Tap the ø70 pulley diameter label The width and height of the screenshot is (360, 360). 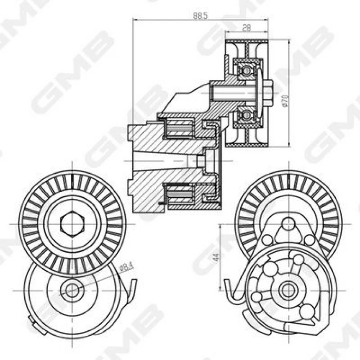coord(285,100)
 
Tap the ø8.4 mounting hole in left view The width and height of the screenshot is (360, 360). coord(72,290)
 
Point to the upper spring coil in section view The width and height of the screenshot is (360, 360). coord(179,128)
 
